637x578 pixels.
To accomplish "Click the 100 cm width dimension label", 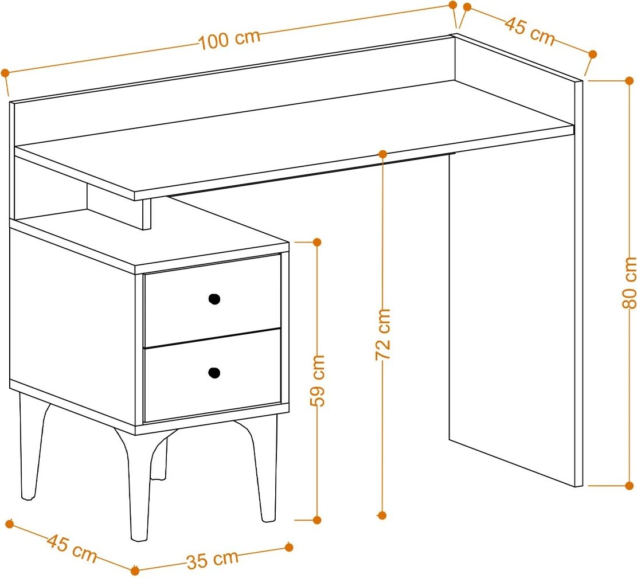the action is coord(229,40).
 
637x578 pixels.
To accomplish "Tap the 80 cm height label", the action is coord(629,283).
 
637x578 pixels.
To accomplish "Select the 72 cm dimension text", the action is coord(382,334).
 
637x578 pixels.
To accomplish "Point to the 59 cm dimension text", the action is coord(317,380).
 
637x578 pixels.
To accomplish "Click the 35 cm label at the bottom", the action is coord(213,559).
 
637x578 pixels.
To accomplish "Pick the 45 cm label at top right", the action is coord(530,32).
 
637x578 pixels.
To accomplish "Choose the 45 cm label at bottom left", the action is coord(72,548).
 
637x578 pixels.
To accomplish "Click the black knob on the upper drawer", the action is coord(214,299).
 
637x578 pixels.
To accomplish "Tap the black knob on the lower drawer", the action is coord(214,373).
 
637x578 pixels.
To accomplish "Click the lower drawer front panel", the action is coord(213,375).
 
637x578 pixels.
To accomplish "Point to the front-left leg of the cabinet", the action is coord(136,487).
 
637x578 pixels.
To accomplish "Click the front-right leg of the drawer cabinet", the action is coord(260,471).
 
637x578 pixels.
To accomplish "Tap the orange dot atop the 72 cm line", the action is coord(382,154).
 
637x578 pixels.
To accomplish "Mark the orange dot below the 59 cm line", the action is coord(317,520).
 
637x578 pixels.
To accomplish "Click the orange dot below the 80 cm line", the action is coord(630,485).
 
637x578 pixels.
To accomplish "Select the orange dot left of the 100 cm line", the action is coord(5,73).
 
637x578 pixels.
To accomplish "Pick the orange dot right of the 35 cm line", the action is coord(289,548).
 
